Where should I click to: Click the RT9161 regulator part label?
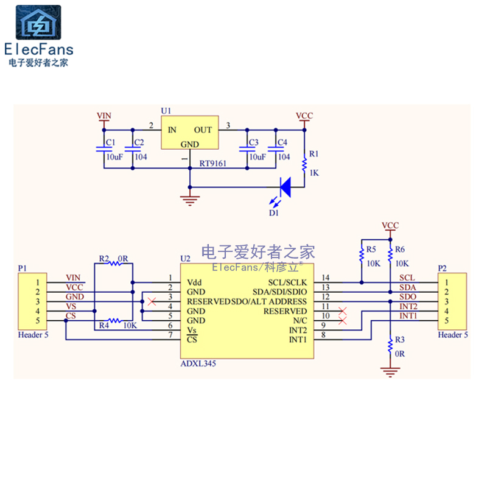(x=213, y=164)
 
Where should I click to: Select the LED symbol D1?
(x=285, y=187)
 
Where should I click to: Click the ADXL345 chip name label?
(x=198, y=363)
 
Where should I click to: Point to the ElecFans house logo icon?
(x=38, y=23)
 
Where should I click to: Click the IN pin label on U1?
(x=172, y=130)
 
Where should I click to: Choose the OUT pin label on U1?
(x=203, y=130)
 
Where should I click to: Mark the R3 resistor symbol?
(x=390, y=345)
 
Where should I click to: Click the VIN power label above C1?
(x=104, y=115)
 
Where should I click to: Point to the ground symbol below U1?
(x=190, y=198)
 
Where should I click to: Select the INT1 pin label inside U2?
(x=298, y=339)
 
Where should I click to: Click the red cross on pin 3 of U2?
(x=152, y=301)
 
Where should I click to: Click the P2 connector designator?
(x=443, y=268)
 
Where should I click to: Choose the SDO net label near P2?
(x=407, y=296)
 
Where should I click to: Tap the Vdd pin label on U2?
(x=194, y=282)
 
